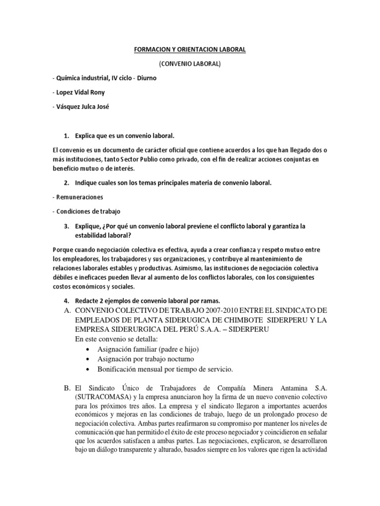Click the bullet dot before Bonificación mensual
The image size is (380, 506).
tap(88, 370)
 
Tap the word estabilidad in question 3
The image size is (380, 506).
tap(90, 236)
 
